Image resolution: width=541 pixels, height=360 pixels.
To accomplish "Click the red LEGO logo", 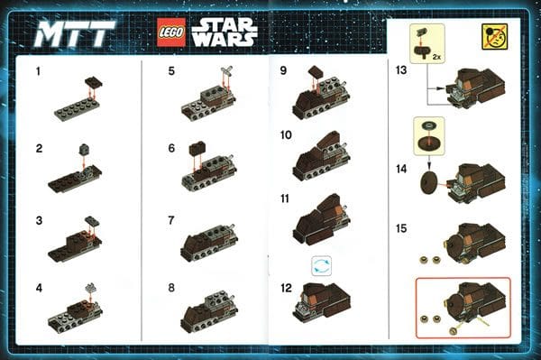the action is (171, 32).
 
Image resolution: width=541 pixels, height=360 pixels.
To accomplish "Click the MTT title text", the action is (75, 33).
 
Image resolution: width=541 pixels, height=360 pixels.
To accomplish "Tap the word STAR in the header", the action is (225, 24).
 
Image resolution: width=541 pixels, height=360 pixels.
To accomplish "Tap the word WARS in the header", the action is (225, 40).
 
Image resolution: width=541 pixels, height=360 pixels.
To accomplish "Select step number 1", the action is (38, 71).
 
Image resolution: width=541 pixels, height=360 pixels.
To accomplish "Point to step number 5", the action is (171, 71).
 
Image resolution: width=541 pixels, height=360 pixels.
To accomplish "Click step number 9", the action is (283, 70).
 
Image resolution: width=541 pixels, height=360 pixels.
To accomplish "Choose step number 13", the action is (401, 70).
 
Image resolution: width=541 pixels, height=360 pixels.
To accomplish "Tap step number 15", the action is (401, 228).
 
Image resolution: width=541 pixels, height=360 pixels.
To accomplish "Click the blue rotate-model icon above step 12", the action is (321, 266).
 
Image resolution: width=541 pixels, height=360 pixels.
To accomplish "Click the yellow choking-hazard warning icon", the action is (494, 37).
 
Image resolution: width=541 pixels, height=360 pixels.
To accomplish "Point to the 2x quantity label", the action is (436, 57).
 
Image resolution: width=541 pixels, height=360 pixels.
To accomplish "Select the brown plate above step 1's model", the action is (94, 82).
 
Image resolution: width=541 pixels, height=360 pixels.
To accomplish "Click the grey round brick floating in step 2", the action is (84, 149).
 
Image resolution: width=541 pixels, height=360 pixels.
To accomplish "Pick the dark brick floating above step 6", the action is (197, 148).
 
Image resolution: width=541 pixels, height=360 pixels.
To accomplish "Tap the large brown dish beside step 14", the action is (429, 181).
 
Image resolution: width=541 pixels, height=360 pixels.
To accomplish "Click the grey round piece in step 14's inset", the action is (429, 125).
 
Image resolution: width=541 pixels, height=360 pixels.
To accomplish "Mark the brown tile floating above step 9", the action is (316, 72).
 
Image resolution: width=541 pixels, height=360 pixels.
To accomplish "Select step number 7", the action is (171, 220).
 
